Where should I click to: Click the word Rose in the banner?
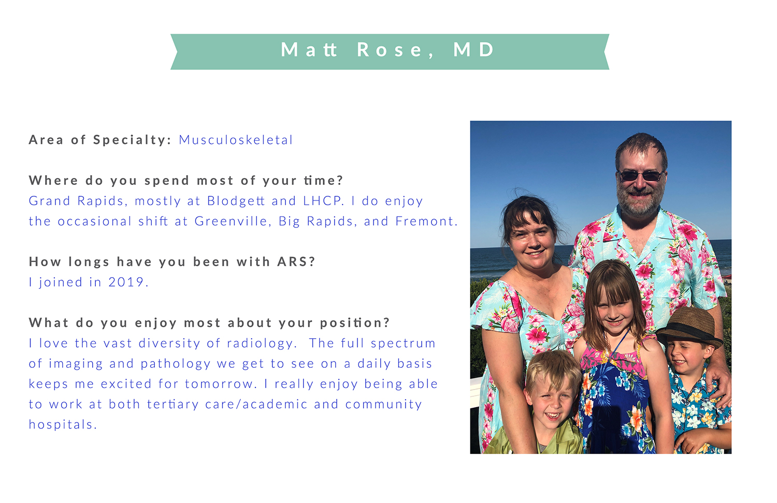390,50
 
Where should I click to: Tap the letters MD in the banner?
473,50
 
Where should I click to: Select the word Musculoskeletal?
236,140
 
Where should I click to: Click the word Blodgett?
236,201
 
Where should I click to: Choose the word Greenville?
231,221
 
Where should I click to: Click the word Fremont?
425,221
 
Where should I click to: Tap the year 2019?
126,282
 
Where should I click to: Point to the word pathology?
176,364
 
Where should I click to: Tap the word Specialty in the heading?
131,140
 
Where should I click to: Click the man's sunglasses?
641,176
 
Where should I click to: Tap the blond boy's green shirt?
538,440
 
